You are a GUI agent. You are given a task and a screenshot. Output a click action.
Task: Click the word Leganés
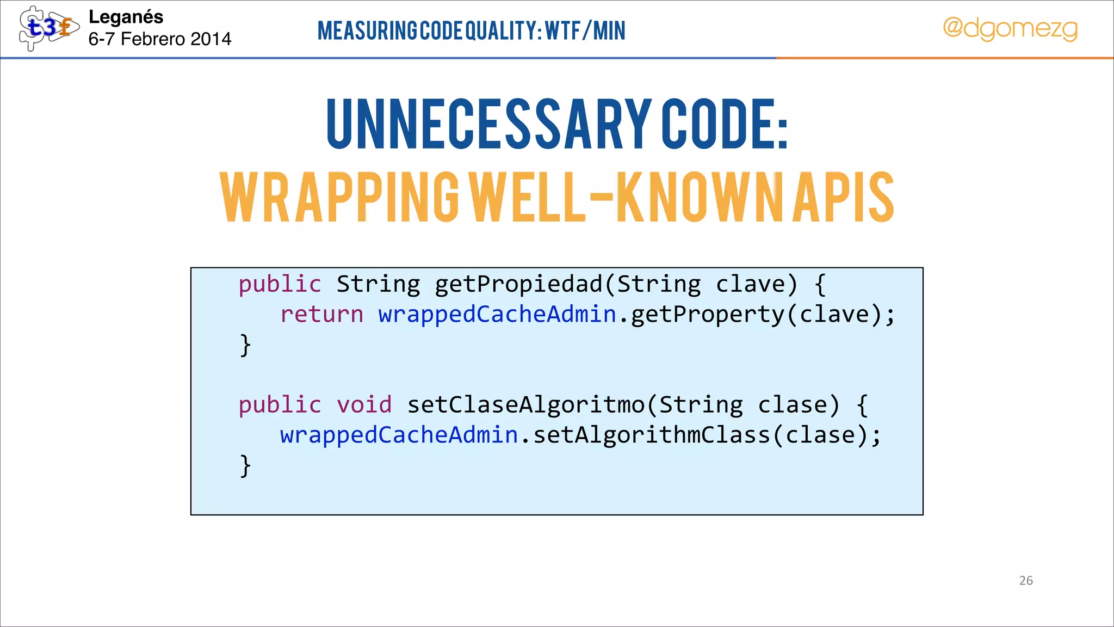[126, 17]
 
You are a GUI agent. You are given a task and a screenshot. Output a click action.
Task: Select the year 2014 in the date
[211, 39]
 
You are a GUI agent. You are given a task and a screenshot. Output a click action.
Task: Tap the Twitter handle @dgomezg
[1010, 28]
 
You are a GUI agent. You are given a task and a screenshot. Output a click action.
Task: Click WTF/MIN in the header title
[585, 30]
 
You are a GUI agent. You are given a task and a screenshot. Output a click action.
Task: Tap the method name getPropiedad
[519, 285]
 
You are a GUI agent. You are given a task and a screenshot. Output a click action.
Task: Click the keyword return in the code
[321, 315]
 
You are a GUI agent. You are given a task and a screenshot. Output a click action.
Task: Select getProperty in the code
[708, 315]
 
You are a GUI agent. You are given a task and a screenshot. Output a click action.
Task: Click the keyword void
[364, 405]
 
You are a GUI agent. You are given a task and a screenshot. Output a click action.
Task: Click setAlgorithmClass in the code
[652, 435]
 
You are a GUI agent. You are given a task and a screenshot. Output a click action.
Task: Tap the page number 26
[1026, 581]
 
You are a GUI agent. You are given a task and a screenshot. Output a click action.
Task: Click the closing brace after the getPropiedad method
[245, 345]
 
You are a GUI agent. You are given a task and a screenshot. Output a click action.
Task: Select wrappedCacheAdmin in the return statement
[497, 315]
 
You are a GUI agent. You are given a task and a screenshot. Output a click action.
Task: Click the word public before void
[280, 405]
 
